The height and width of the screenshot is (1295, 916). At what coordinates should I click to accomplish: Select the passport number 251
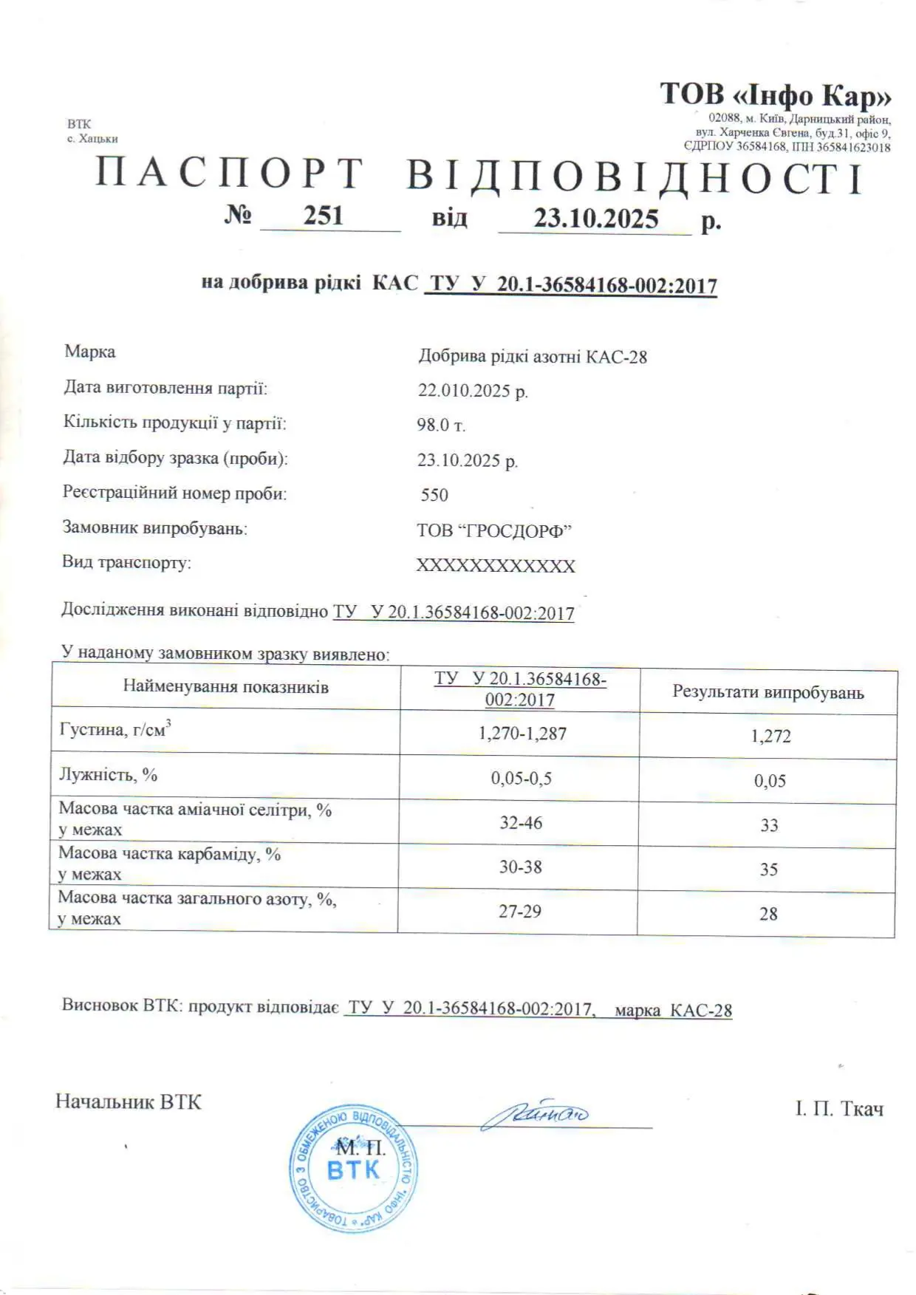pyautogui.click(x=324, y=216)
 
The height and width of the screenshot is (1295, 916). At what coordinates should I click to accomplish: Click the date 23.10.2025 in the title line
pyautogui.click(x=595, y=219)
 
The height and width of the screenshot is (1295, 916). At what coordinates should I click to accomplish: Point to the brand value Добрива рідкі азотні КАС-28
pyautogui.click(x=533, y=357)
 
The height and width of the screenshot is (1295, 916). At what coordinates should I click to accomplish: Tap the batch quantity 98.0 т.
pyautogui.click(x=441, y=425)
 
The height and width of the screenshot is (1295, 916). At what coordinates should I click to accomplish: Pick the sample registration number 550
pyautogui.click(x=434, y=495)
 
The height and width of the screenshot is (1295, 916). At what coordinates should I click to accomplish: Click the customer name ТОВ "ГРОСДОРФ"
pyautogui.click(x=494, y=530)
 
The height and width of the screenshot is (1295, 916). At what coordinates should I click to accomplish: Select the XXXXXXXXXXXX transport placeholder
pyautogui.click(x=496, y=566)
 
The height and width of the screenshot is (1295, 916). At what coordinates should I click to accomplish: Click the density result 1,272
pyautogui.click(x=770, y=736)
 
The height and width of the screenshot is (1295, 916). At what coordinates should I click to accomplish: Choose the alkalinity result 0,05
pyautogui.click(x=770, y=781)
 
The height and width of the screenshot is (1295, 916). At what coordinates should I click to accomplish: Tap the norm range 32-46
pyautogui.click(x=521, y=823)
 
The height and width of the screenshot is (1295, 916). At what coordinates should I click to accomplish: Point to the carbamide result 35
pyautogui.click(x=769, y=869)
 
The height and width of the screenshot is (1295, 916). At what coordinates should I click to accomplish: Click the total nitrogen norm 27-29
pyautogui.click(x=520, y=912)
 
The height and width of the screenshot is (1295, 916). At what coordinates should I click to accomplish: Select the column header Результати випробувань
pyautogui.click(x=768, y=692)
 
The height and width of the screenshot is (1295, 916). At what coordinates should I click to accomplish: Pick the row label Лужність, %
pyautogui.click(x=109, y=775)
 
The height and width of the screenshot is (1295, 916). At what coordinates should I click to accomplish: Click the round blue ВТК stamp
pyautogui.click(x=353, y=1169)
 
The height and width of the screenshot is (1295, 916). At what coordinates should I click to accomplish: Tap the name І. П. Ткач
pyautogui.click(x=839, y=1109)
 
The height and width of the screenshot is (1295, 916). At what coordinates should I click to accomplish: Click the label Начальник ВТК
pyautogui.click(x=129, y=1102)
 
